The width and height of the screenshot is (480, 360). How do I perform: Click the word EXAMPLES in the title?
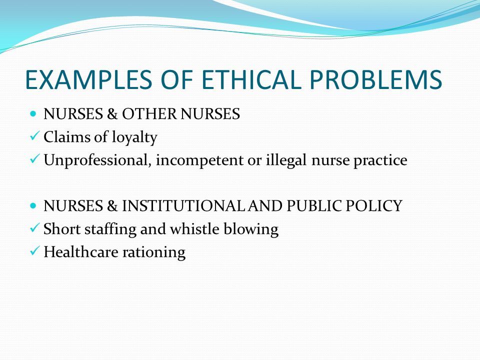pos(88,79)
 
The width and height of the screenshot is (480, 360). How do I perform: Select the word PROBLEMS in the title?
pos(375,79)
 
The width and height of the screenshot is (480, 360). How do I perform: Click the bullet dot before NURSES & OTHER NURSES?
pos(33,114)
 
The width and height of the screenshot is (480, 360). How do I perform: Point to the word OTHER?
pos(149,114)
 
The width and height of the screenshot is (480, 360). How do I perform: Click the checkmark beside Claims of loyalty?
pos(34,135)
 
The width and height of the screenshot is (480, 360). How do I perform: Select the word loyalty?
pos(134,137)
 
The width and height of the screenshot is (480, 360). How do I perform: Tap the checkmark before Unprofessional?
pos(34,158)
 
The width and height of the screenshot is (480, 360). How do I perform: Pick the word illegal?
pos(286,160)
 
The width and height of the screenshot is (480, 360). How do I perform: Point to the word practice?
pos(380,160)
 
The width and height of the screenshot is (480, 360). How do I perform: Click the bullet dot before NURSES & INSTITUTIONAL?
pos(33,205)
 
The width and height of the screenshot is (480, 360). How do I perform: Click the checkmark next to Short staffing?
pos(34,228)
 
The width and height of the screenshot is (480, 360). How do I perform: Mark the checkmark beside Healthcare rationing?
pos(34,250)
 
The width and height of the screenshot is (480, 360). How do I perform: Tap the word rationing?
pos(154,252)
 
